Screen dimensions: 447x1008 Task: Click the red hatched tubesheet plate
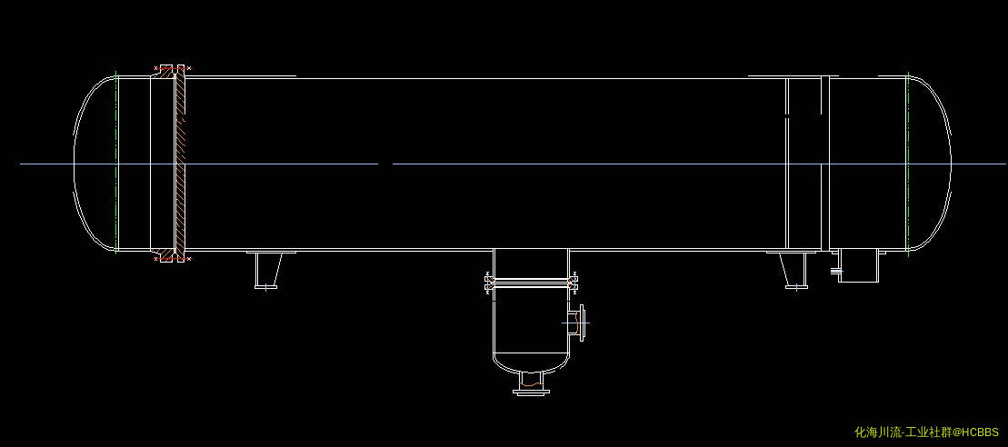click(180, 164)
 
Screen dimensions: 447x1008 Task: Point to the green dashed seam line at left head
click(116, 164)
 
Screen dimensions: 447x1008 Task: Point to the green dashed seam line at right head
click(907, 164)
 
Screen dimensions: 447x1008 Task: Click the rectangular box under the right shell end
click(857, 265)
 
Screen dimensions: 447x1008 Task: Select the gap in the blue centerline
click(385, 164)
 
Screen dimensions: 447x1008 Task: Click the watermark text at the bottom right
click(926, 432)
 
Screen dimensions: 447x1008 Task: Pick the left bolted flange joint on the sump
click(488, 283)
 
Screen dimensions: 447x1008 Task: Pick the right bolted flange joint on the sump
click(574, 283)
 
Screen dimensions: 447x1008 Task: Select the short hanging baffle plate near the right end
click(825, 95)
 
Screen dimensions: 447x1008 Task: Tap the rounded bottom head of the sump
click(531, 362)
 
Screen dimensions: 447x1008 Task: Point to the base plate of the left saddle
click(265, 287)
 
